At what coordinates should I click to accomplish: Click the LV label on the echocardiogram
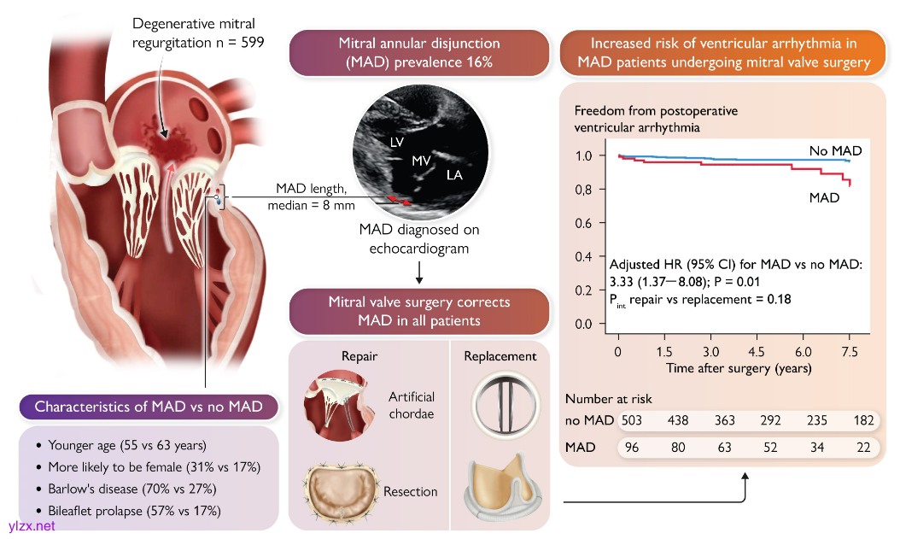[x=396, y=142]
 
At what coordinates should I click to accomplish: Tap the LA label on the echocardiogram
[x=453, y=174]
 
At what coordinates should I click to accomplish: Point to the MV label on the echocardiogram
[x=421, y=160]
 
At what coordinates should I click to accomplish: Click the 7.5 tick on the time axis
[x=849, y=351]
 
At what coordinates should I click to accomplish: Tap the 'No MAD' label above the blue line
[x=835, y=151]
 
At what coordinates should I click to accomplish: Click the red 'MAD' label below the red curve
[x=824, y=197]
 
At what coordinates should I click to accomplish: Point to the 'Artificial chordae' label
[x=412, y=406]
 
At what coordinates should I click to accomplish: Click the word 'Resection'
[x=411, y=491]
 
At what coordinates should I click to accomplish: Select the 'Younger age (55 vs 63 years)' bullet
[x=127, y=445]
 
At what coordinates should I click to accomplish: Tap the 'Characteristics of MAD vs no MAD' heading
[x=149, y=407]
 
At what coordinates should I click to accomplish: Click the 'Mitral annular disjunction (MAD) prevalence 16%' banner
[x=419, y=52]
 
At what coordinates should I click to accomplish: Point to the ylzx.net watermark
[x=31, y=526]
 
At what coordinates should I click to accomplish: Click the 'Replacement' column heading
[x=500, y=356]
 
